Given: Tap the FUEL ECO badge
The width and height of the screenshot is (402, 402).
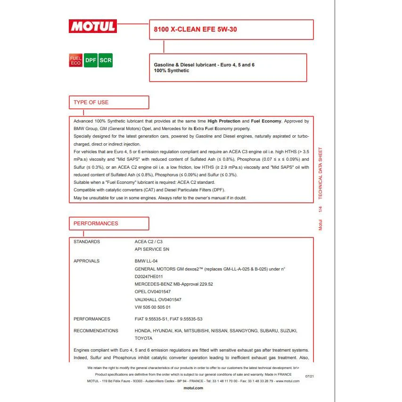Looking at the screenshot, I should coord(75,60).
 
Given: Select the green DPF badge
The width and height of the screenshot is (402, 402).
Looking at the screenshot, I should coord(90,60).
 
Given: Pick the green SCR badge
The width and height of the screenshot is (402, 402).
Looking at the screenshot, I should coord(105,60).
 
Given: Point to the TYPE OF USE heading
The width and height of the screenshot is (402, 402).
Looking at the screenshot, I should coord(91,102).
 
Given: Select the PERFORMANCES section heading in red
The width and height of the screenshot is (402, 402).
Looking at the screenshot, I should coord(96,223).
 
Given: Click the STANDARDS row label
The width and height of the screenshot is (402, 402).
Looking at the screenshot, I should coord(87,242).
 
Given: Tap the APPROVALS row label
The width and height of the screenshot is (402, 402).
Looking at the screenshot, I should coord(87,261).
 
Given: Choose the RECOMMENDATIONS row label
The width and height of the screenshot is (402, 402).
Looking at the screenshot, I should coord(96,331).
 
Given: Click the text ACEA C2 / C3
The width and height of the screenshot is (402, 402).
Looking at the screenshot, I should coord(148,242).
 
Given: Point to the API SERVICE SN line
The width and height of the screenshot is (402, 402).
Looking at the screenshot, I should coord(152,249).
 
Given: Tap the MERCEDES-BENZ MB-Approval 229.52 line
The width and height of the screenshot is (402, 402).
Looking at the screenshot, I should coord(174,284).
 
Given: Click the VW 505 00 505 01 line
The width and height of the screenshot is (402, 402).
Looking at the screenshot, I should coord(153,307).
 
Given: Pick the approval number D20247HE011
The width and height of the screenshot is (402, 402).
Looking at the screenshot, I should coord(148,277).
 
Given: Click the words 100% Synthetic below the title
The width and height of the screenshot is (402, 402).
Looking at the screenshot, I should coord(172,71).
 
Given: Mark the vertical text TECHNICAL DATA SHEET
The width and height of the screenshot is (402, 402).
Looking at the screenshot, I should coord(320,173).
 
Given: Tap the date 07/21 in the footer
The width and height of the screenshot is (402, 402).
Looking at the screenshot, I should coord(310,377).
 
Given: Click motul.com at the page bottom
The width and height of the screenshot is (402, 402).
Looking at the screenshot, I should coord(193,388).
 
